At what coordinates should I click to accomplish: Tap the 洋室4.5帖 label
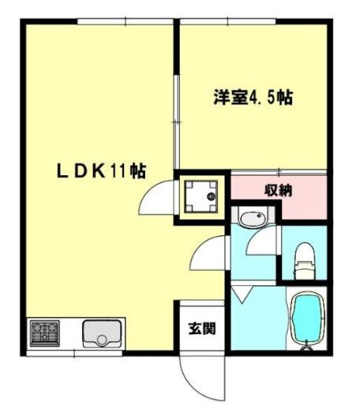(x=253, y=98)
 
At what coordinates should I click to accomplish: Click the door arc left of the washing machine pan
(x=156, y=197)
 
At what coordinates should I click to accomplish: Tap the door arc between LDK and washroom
(x=207, y=257)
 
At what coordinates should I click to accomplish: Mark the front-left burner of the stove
(x=40, y=339)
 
